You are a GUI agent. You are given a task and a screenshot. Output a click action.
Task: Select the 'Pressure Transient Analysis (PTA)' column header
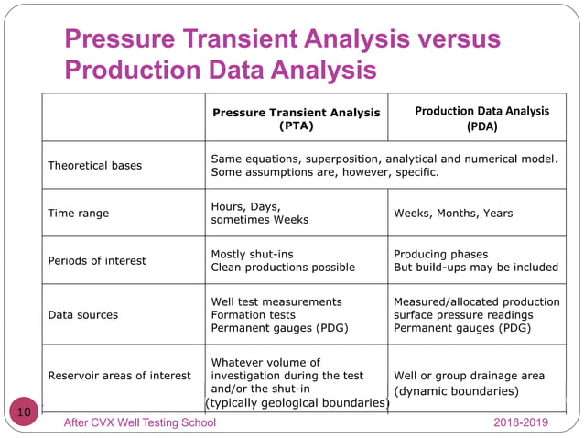point(296,119)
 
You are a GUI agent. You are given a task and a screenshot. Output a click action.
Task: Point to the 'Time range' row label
point(78,214)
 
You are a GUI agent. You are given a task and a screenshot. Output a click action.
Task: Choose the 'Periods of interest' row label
point(97,260)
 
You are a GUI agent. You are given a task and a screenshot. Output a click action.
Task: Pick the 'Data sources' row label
point(83,314)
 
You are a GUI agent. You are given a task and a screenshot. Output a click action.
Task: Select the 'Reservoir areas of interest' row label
point(119,375)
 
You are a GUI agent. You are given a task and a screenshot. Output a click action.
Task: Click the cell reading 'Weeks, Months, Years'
point(453,214)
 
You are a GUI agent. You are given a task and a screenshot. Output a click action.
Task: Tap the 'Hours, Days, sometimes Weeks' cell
point(260,213)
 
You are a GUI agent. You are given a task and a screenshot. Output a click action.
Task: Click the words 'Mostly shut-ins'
point(253,254)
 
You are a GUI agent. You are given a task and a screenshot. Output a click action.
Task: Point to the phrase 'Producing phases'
point(441,254)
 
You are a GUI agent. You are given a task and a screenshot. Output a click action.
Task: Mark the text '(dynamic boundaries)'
point(456,391)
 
